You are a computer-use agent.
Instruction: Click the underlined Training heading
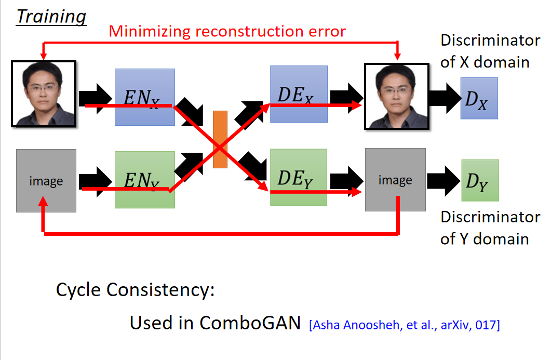51,17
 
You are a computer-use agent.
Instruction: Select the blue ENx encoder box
145,97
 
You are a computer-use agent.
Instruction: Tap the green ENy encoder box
145,180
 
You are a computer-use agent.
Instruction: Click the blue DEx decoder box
299,94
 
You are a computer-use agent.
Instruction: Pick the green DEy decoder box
299,177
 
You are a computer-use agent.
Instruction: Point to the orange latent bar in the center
220,139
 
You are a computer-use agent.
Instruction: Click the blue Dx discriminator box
479,98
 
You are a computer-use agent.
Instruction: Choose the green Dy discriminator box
480,180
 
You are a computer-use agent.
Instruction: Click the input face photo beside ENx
44,94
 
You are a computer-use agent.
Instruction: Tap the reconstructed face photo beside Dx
397,96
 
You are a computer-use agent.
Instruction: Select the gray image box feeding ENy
46,181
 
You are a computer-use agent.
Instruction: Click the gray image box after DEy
395,180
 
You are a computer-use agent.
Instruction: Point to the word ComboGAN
250,323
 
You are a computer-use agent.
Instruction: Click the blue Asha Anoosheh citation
405,325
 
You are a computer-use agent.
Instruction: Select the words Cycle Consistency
136,290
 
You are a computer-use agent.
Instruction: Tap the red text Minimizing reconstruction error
227,31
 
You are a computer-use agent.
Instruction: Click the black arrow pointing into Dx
445,98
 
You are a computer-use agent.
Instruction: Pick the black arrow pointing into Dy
444,181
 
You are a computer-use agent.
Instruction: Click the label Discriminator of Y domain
490,228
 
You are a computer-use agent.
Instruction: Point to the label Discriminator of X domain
490,51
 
